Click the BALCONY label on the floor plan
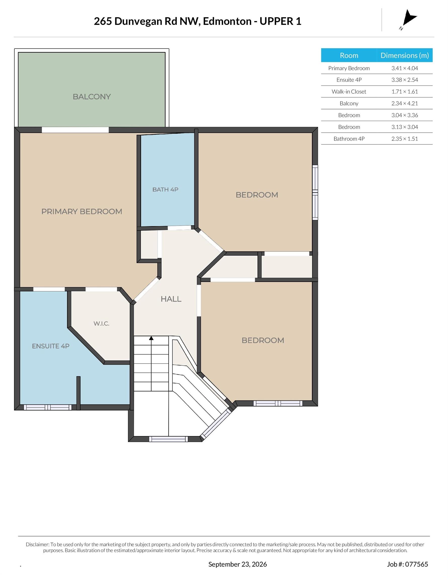[92, 97]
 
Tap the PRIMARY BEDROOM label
[82, 212]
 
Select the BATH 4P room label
[165, 189]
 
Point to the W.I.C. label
[101, 323]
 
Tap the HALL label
[171, 299]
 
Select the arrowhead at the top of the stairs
[151, 338]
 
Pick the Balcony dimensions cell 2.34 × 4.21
[404, 103]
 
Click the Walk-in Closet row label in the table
[349, 91]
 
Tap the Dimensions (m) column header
[404, 55]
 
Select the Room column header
[349, 55]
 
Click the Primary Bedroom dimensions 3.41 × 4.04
[404, 68]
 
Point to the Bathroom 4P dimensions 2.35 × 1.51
[404, 139]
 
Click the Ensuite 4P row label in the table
[349, 80]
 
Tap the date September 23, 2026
[237, 564]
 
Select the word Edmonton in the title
[227, 21]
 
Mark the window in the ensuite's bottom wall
[48, 407]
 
